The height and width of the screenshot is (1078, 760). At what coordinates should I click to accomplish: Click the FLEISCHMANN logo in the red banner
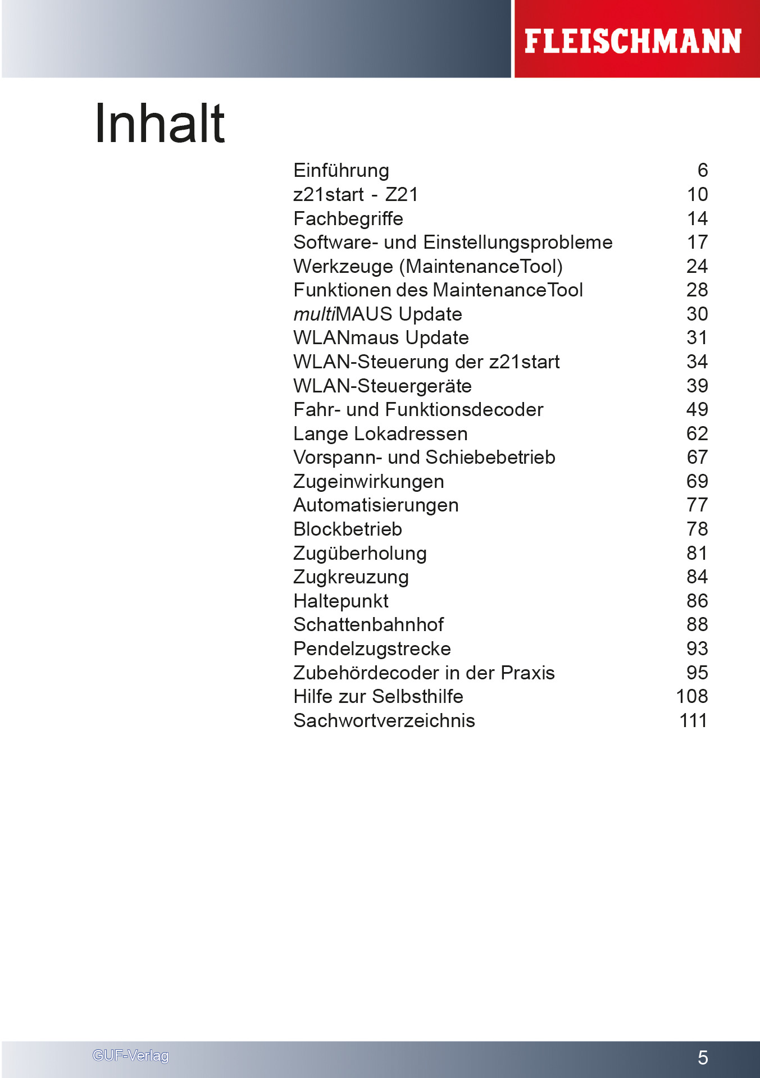click(x=632, y=42)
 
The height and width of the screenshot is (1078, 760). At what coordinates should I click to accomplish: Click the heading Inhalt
click(x=160, y=124)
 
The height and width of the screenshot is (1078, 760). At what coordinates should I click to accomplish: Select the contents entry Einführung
click(x=341, y=171)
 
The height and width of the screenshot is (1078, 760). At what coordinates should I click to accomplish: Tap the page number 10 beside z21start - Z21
click(x=697, y=195)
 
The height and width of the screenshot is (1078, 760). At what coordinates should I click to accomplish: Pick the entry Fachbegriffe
click(x=348, y=218)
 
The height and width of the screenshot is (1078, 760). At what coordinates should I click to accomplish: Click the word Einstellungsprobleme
click(x=517, y=243)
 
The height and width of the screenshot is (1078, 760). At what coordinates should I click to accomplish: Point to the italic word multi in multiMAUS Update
click(x=314, y=314)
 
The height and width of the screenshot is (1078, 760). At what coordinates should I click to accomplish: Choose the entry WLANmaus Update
click(x=381, y=338)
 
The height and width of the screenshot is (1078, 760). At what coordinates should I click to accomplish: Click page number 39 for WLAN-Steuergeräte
click(x=697, y=386)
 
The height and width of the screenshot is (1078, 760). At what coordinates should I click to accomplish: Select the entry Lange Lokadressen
click(x=380, y=434)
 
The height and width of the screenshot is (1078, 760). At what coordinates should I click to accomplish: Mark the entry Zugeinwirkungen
click(x=368, y=482)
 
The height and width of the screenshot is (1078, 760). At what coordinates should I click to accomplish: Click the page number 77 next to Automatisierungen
click(x=697, y=505)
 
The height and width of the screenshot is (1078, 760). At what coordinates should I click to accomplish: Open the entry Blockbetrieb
click(x=348, y=529)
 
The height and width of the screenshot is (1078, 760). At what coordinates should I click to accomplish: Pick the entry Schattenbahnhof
click(x=368, y=625)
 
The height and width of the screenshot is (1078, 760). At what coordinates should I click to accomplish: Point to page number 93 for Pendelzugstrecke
click(x=697, y=649)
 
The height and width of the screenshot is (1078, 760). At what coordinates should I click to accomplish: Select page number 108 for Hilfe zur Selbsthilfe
click(x=692, y=697)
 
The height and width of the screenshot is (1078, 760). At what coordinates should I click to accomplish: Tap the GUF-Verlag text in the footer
click(x=130, y=1056)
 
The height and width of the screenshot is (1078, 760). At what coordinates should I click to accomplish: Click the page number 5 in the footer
click(x=703, y=1058)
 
